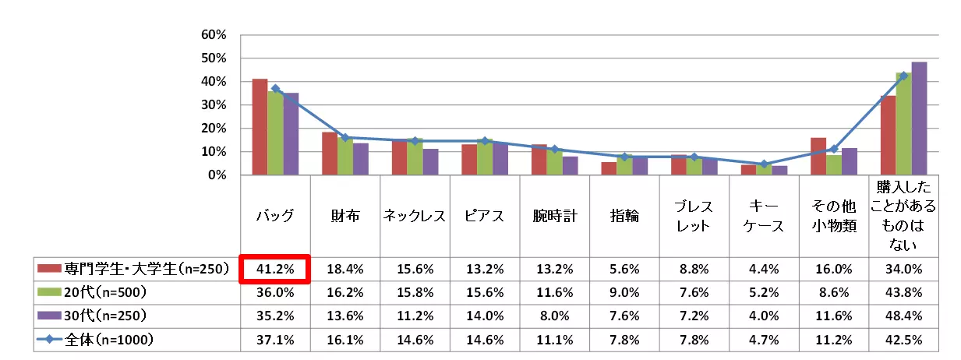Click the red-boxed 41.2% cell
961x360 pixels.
click(x=275, y=269)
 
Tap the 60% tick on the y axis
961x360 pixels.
click(x=214, y=35)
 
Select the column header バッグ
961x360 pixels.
click(x=275, y=217)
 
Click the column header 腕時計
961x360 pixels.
click(x=555, y=217)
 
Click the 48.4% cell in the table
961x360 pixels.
click(x=903, y=318)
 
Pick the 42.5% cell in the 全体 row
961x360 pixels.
click(x=903, y=340)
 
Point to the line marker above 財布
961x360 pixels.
click(x=345, y=138)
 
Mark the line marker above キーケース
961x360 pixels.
click(x=765, y=164)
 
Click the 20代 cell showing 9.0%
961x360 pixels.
click(x=624, y=293)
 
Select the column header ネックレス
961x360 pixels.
click(x=415, y=217)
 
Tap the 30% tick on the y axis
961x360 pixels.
click(x=214, y=105)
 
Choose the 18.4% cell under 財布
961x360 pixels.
click(x=345, y=269)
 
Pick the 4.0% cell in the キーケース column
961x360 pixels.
click(x=764, y=318)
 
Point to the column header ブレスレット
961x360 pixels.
click(x=694, y=217)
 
